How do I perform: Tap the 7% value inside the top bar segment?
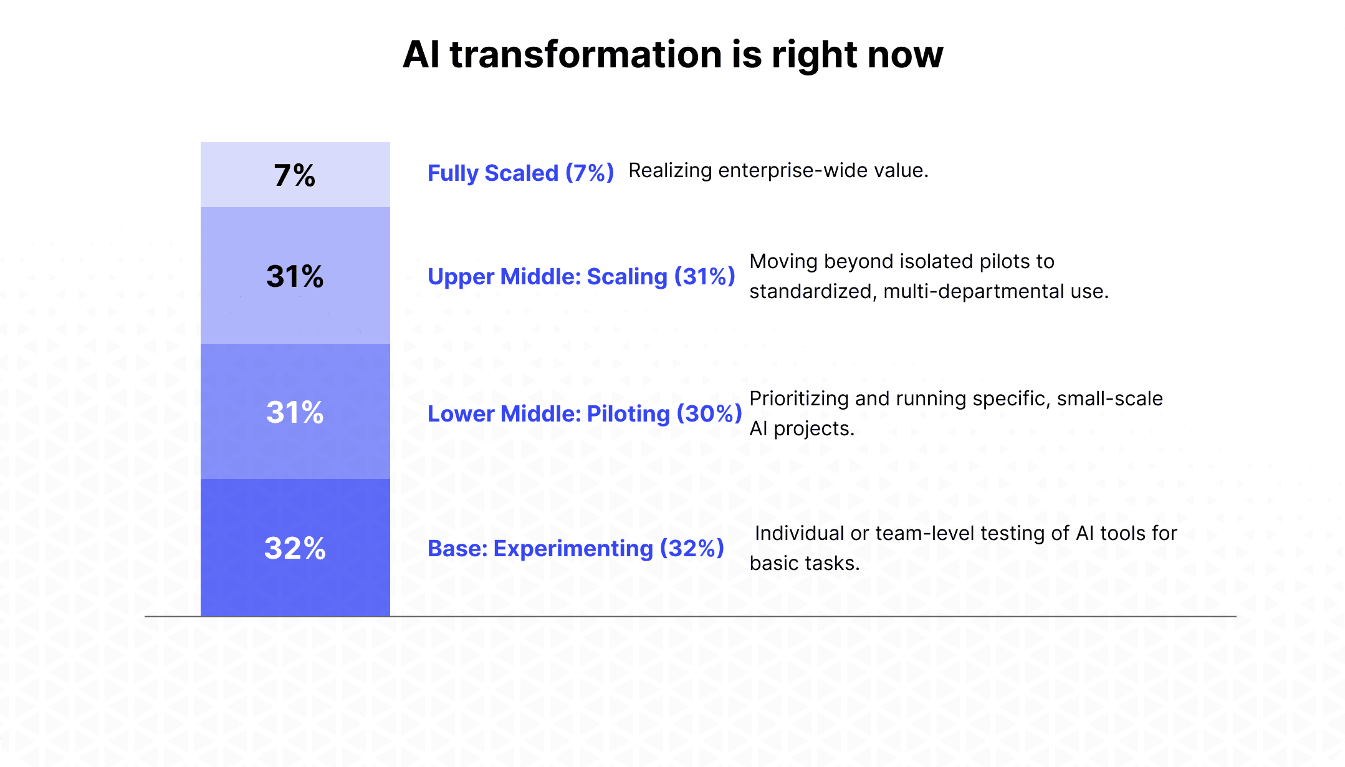pyautogui.click(x=295, y=175)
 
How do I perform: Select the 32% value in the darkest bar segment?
pyautogui.click(x=295, y=548)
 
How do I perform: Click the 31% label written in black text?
pyautogui.click(x=295, y=276)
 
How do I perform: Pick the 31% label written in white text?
pyautogui.click(x=295, y=412)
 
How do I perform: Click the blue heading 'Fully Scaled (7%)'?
pyautogui.click(x=520, y=173)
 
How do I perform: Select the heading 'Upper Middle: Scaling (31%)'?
pyautogui.click(x=581, y=276)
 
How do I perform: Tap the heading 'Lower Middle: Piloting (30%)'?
pyautogui.click(x=584, y=413)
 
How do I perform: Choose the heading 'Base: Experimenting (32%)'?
pyautogui.click(x=575, y=548)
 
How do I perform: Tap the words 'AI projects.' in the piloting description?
pyautogui.click(x=802, y=428)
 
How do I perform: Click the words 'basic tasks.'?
pyautogui.click(x=804, y=563)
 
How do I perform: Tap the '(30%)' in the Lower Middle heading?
pyautogui.click(x=709, y=413)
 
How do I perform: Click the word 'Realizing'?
pyautogui.click(x=670, y=170)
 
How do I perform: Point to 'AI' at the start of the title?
pyautogui.click(x=421, y=55)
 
